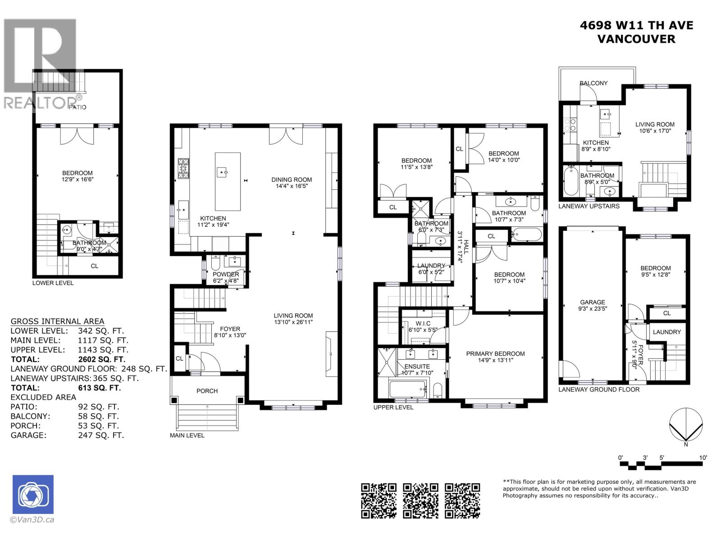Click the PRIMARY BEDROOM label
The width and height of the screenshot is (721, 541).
495,353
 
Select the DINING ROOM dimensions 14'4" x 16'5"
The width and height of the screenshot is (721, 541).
292,186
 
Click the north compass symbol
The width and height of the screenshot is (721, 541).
685,426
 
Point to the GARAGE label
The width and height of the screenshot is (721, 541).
592,302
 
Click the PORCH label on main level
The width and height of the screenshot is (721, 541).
207,391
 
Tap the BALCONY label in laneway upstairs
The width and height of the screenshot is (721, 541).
593,83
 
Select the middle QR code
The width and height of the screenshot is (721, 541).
420,500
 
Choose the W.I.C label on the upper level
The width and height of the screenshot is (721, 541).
423,324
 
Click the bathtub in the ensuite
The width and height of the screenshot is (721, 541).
408,389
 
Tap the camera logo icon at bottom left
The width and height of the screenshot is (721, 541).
33,495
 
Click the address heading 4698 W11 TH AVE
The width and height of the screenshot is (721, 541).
636,26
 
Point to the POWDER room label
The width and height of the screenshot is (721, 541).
226,274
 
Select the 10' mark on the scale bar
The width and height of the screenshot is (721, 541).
703,458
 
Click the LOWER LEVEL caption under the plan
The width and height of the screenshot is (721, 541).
53,283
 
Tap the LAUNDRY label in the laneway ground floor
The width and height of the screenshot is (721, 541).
666,332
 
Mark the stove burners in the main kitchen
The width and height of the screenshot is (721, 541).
184,169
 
